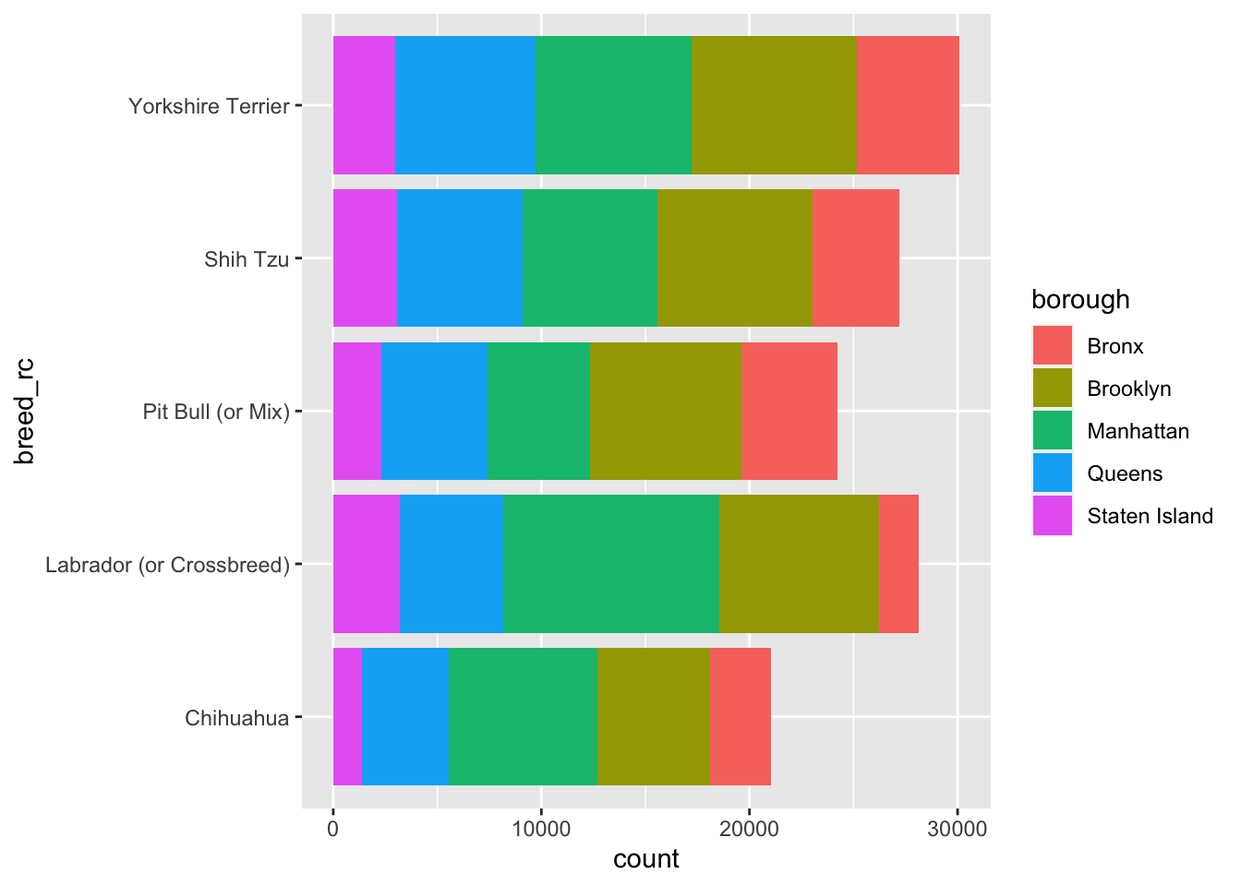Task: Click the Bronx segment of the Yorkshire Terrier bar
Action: [908, 105]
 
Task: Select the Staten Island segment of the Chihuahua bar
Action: [347, 717]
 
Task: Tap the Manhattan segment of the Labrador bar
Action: [611, 564]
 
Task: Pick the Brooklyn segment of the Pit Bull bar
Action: [666, 411]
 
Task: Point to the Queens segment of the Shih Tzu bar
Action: [459, 257]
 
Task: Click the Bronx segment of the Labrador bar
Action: [898, 564]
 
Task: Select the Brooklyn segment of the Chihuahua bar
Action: [654, 717]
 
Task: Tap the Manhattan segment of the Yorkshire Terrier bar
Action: [613, 105]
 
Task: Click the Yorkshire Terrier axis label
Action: [210, 106]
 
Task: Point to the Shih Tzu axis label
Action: [247, 259]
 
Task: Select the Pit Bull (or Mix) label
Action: [216, 412]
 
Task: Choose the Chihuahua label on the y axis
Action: [237, 718]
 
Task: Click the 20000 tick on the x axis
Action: [749, 829]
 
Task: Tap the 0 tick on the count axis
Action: [332, 829]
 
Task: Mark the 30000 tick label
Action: [958, 829]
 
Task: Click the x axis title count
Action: [646, 860]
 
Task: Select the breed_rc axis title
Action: [25, 411]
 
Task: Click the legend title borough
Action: [1080, 300]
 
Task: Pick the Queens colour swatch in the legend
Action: [1053, 473]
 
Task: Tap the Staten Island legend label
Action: [1150, 516]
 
